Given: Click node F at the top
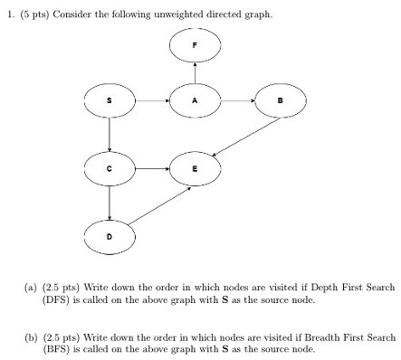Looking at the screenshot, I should pos(194,44).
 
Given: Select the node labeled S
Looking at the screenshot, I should pos(110,101).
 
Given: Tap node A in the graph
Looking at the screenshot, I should pos(194,101).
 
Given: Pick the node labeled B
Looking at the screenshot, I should pos(280,101).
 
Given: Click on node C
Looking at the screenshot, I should pos(110,167).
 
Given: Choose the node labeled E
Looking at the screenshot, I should pos(194,167).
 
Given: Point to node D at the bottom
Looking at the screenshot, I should pos(110,235).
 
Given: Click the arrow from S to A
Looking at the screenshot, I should pos(151,101).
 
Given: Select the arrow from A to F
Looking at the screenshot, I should pos(194,72).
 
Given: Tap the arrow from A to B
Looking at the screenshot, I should pos(236,101).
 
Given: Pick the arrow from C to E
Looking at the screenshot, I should pos(151,167).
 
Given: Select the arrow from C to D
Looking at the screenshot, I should pos(110,201).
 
